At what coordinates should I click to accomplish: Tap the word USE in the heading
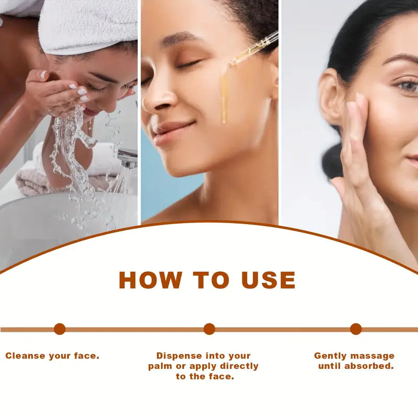tap(269, 280)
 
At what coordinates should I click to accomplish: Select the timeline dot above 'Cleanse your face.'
tap(60, 329)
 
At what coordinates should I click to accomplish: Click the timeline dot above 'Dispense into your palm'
tap(210, 329)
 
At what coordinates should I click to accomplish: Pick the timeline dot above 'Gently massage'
tap(356, 329)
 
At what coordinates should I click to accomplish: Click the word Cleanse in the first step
tap(25, 356)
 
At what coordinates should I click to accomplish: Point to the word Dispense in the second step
tap(179, 356)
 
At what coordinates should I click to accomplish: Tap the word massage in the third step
tap(373, 356)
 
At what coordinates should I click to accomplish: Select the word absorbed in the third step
tap(369, 366)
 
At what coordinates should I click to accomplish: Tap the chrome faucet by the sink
tap(128, 158)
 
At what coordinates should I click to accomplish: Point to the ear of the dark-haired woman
tap(331, 97)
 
